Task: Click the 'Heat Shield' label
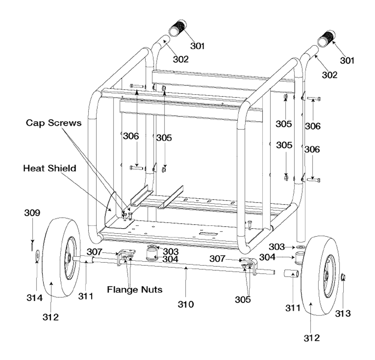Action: tap(50, 168)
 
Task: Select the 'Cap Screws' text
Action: tap(54, 123)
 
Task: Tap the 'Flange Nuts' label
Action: tap(135, 290)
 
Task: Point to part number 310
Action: tap(186, 304)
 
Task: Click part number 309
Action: tap(32, 213)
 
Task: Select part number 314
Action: tap(34, 298)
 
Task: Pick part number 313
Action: tap(343, 313)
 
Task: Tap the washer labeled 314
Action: tap(37, 256)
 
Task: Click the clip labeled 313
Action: tap(343, 277)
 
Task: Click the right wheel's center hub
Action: tap(327, 276)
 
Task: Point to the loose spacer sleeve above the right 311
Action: tap(291, 273)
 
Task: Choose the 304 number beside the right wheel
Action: tap(267, 257)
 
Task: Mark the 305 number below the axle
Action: tap(243, 300)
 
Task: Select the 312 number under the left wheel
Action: tap(51, 317)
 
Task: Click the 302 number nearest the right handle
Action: tap(329, 75)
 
